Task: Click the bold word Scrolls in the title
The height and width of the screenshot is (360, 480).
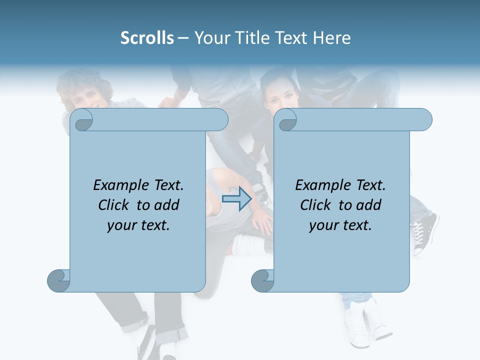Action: point(147,38)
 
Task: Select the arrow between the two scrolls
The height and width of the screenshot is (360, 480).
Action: point(236,199)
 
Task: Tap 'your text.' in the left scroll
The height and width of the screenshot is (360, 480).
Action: point(138,225)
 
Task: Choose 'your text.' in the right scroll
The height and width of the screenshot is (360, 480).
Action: point(340,225)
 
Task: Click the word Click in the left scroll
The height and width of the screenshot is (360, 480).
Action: point(114,205)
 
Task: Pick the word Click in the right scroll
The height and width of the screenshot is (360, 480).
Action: point(316,205)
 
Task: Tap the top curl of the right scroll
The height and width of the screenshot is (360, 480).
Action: point(287,120)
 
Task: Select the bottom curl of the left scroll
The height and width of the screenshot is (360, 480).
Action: point(58,280)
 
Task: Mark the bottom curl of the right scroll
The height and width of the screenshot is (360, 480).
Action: point(262,280)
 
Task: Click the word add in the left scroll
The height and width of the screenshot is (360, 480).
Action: point(167,205)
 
